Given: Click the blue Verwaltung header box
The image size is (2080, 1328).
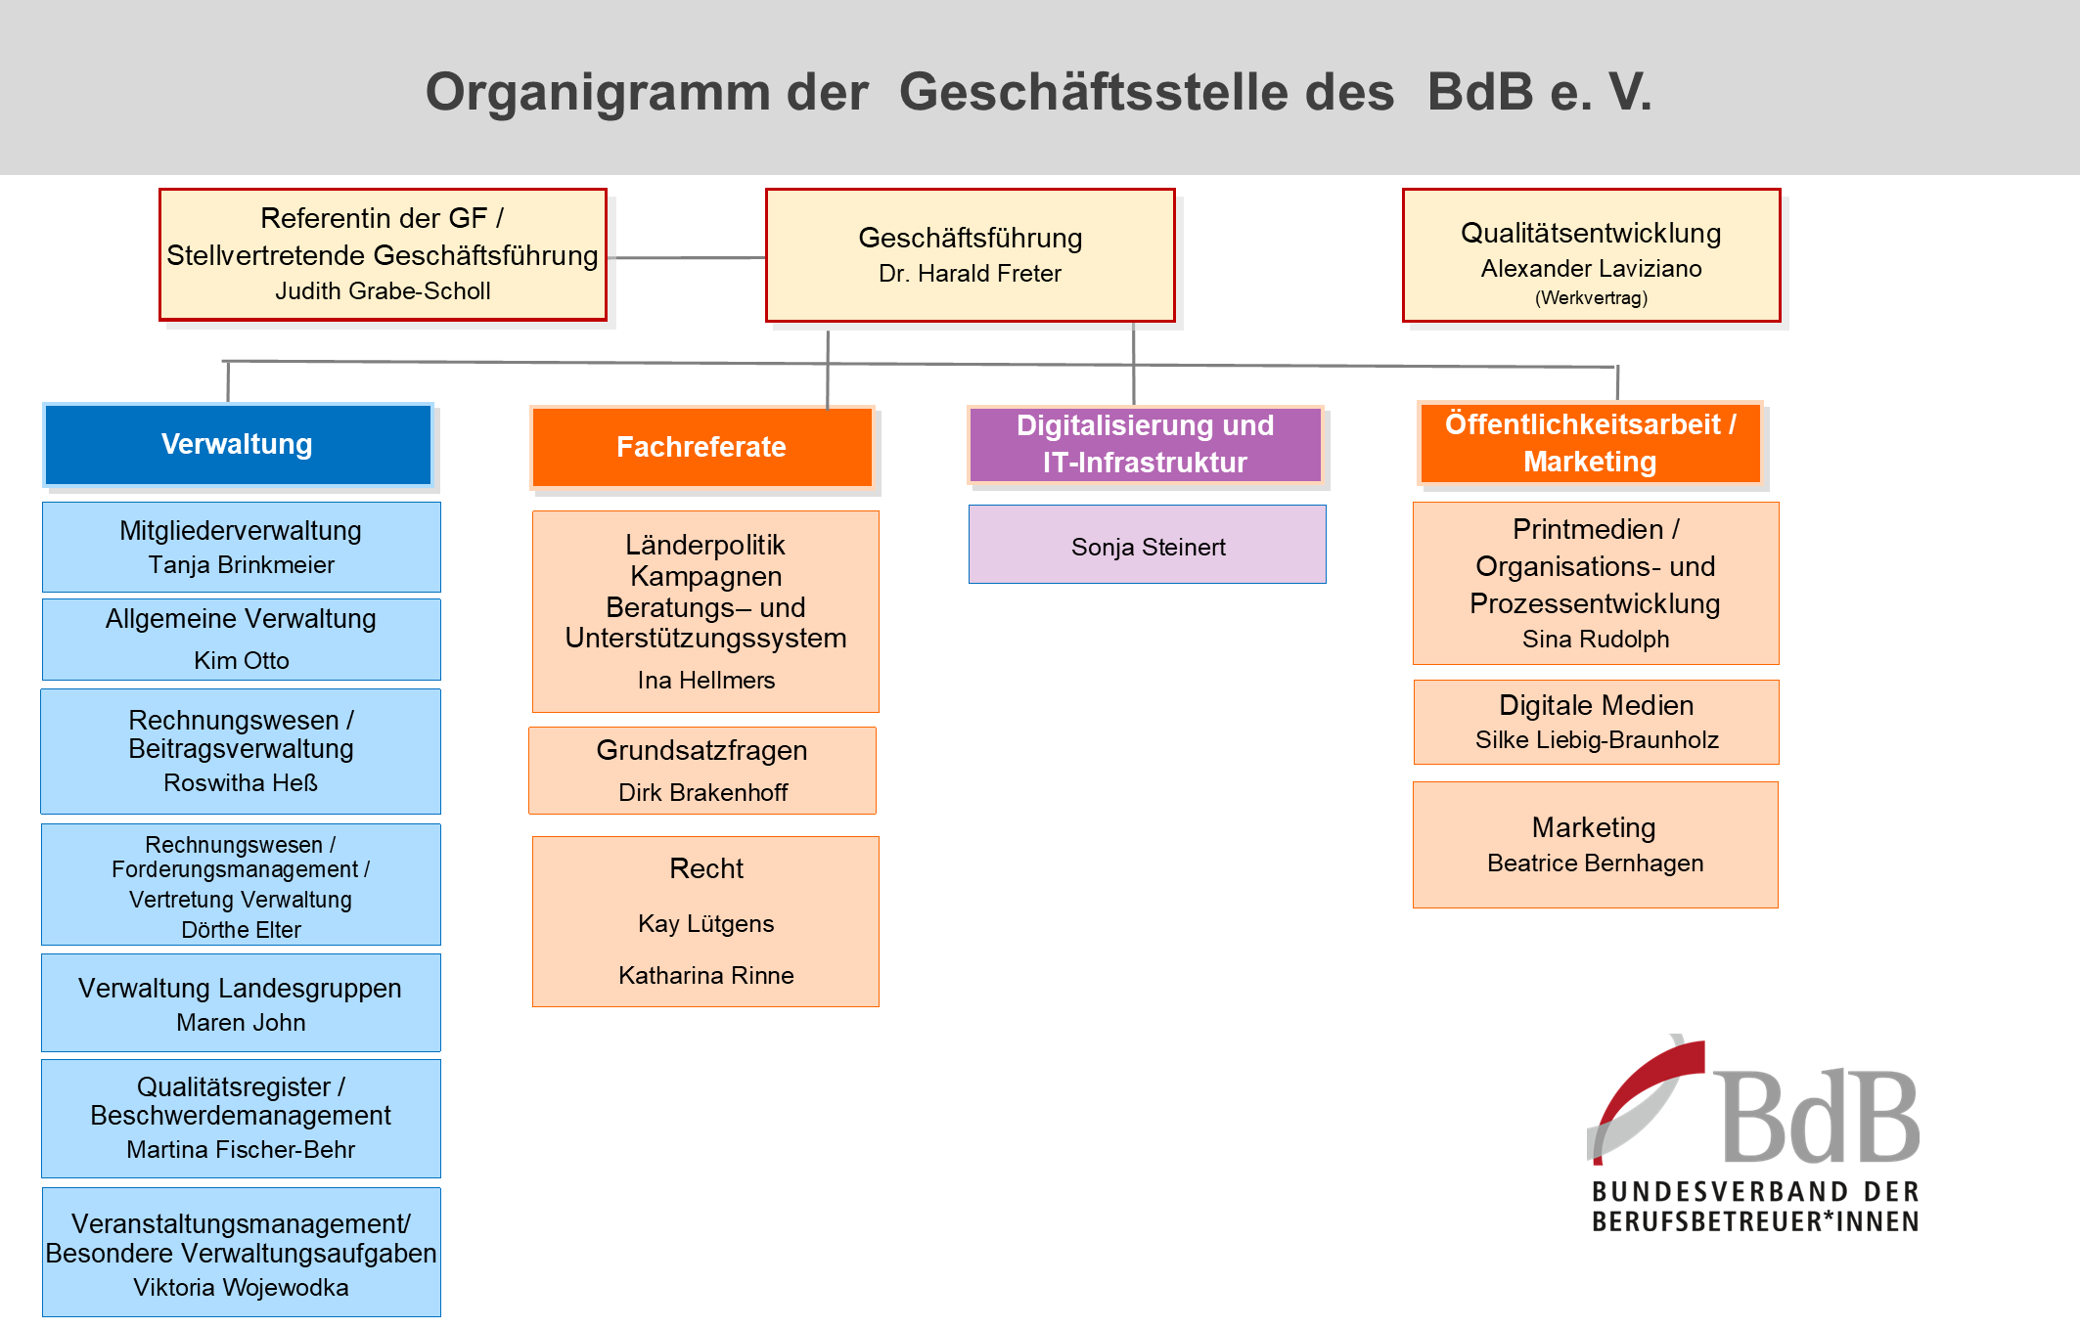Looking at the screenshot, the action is [238, 444].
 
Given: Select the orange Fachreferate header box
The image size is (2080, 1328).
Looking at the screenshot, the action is [701, 447].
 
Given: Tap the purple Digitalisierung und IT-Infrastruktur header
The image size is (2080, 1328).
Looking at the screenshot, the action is [1146, 444].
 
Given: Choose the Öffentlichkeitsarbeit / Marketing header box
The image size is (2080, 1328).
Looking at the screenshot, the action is [1590, 443].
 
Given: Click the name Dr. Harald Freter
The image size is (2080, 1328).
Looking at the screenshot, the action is [970, 274].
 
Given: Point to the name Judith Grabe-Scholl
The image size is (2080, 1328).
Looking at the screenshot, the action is [383, 291].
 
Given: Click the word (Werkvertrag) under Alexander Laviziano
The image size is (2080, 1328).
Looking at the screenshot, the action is [1591, 298].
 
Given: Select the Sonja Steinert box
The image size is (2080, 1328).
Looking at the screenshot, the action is [1148, 545].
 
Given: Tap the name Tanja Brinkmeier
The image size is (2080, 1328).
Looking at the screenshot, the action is [242, 565].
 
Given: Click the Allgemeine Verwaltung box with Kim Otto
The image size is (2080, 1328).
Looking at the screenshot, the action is [242, 640].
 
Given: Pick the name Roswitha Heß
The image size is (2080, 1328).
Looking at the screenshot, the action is [241, 783].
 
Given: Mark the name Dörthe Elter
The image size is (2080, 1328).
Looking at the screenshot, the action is [241, 930].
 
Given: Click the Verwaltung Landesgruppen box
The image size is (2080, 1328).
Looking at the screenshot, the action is [242, 1003].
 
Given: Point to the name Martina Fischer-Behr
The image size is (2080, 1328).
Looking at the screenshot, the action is [241, 1150].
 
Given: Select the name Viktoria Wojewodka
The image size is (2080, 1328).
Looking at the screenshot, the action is [241, 1288].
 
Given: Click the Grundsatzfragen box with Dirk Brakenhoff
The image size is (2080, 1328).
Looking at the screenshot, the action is [702, 771].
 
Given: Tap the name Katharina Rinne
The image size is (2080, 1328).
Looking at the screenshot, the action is [706, 976].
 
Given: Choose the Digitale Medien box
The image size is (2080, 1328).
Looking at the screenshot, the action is [1597, 723].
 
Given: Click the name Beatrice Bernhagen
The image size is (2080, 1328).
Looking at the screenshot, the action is [1596, 863].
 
